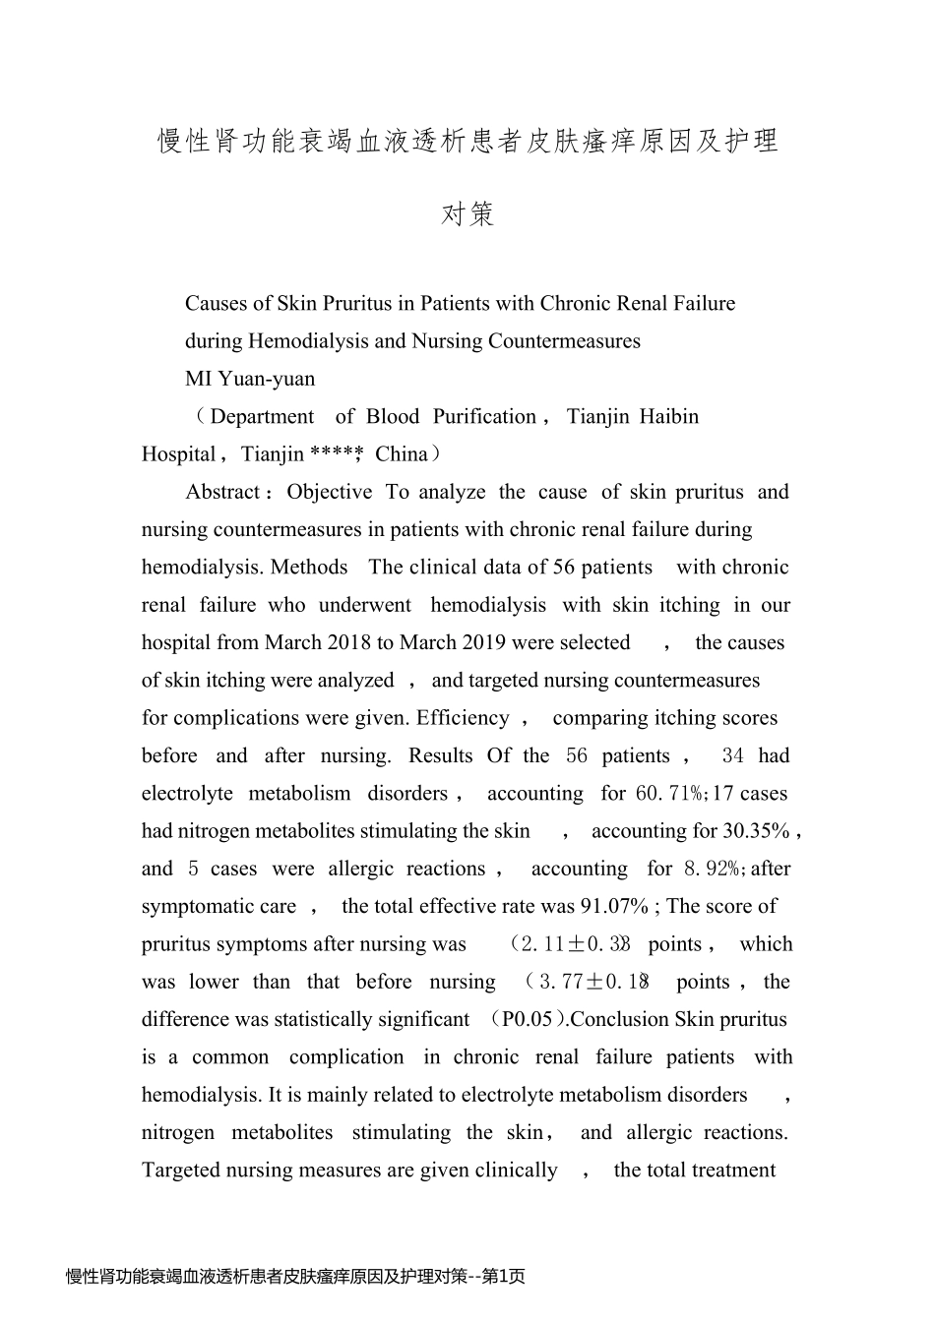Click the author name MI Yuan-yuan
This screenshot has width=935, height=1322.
click(250, 379)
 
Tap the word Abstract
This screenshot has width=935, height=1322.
click(222, 492)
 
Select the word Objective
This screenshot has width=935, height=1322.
click(330, 492)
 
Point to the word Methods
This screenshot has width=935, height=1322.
click(309, 568)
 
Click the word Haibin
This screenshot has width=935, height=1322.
click(669, 417)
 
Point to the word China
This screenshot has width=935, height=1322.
click(402, 454)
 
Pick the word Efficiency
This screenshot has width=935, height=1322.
click(463, 718)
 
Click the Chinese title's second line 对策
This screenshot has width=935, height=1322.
click(467, 213)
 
